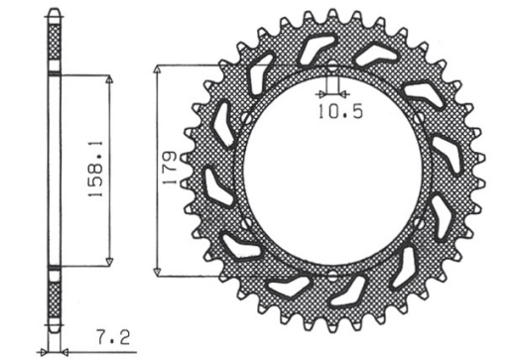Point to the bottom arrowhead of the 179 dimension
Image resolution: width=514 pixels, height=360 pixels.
160,272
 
